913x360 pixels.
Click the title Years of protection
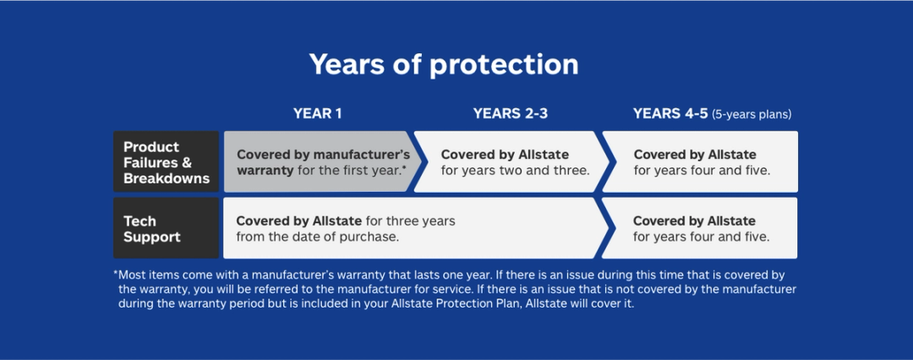[444, 64]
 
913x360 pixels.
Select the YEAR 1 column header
[317, 113]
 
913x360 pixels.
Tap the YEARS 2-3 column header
[511, 113]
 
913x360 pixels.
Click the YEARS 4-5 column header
[670, 113]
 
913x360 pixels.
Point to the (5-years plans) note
[752, 114]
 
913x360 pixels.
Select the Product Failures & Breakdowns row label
[166, 162]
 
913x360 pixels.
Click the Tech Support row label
[166, 229]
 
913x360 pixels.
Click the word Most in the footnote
[134, 275]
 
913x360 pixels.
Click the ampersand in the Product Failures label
[186, 162]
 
